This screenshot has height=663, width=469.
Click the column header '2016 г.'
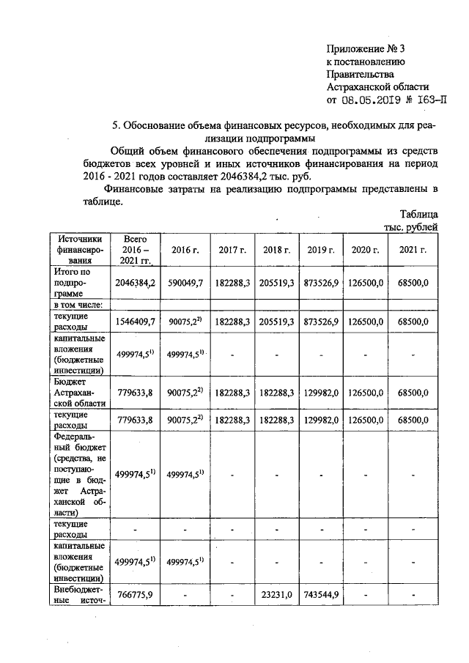186,250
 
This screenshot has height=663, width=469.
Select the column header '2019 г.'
322,250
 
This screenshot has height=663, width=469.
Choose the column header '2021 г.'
413,250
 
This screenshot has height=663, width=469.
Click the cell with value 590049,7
186,283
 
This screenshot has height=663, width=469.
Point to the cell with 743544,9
322,594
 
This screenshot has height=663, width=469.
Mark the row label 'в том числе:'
76,305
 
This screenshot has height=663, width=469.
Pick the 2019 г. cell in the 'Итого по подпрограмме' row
322,283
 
